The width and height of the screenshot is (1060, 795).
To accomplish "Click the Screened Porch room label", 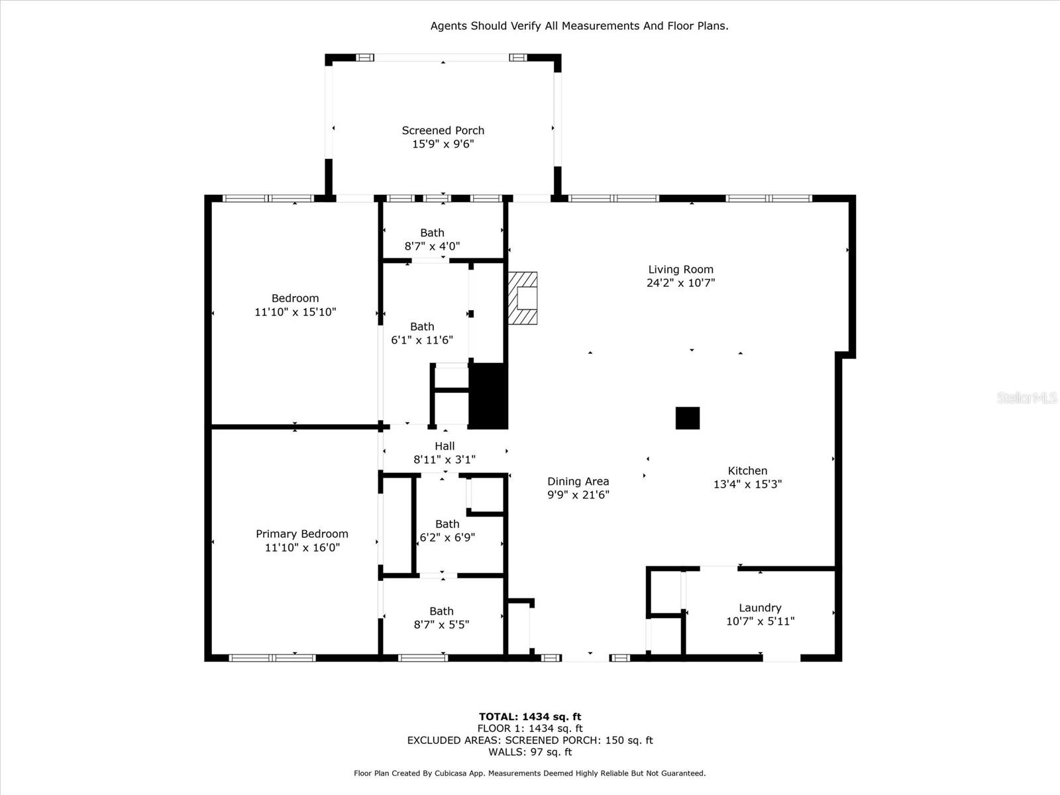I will point(443,131).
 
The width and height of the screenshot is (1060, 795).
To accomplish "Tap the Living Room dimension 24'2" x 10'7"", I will point(680,283).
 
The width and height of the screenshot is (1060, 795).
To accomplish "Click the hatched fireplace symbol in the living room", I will point(523,298).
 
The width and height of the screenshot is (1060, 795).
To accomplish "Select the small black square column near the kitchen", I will point(687,418).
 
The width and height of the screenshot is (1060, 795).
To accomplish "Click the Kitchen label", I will point(747,471).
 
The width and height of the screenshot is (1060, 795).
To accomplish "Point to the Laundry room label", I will point(760,608).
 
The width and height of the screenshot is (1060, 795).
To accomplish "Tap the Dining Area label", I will point(578,482).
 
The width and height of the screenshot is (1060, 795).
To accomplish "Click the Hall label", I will point(445,447).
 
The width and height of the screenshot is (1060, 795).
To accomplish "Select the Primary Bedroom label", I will point(302,534).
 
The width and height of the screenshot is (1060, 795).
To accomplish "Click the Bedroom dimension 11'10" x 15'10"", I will point(295,312).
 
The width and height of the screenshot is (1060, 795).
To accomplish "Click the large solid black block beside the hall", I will point(488,396).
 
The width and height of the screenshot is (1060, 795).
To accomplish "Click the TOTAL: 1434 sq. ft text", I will point(530,717).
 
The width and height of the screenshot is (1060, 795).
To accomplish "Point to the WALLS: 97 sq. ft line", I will point(530,752).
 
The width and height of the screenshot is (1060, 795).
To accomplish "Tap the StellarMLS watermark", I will point(1027,397).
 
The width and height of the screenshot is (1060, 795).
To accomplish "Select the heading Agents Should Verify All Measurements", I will point(579,26).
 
